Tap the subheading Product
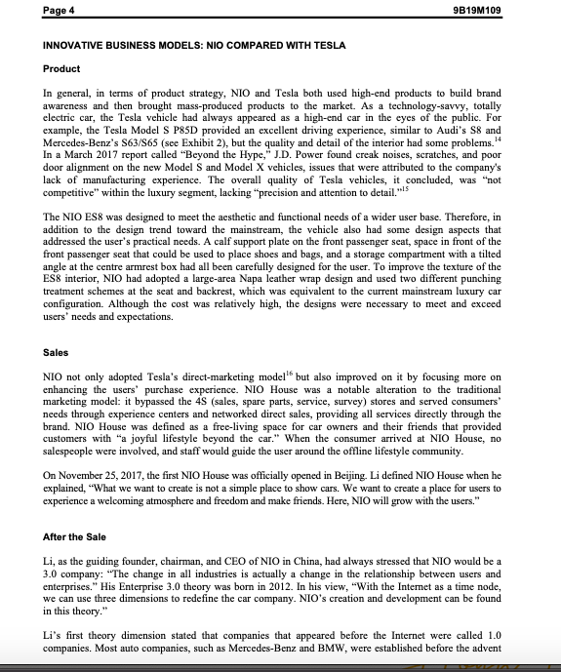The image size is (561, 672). click(x=62, y=69)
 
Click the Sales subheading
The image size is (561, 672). click(x=57, y=352)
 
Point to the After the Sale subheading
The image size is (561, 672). click(x=82, y=535)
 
